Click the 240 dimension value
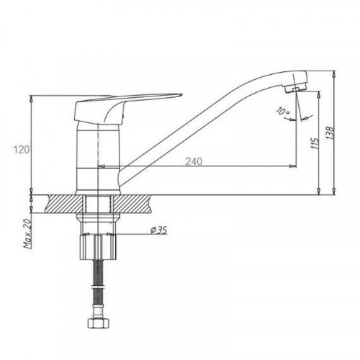click(x=194, y=161)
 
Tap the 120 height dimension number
click(x=22, y=150)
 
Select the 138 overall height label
click(x=330, y=133)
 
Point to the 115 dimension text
click(x=315, y=143)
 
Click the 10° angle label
click(x=283, y=112)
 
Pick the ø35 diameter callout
click(x=158, y=230)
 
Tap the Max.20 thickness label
click(x=28, y=234)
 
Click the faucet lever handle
click(x=120, y=108)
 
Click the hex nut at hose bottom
click(x=99, y=323)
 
